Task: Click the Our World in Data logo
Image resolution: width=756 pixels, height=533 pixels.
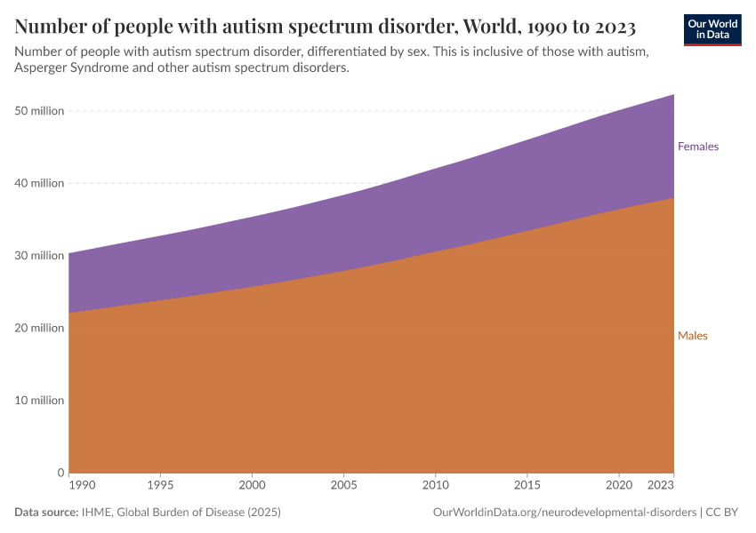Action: click(712, 28)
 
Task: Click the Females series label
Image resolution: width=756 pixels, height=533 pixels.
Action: click(697, 147)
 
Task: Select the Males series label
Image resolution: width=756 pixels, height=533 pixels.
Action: click(692, 336)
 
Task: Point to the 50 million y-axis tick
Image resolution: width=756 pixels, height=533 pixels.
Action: click(39, 111)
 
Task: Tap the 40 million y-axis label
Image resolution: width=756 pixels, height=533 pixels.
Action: click(39, 183)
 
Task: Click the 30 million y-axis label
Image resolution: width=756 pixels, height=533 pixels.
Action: click(39, 256)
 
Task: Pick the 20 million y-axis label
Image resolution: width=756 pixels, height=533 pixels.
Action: click(39, 328)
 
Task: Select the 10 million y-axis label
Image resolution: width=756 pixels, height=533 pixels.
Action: click(39, 401)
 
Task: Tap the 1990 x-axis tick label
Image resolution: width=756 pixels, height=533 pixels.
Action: click(80, 486)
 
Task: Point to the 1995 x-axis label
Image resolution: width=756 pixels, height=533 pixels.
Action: click(160, 486)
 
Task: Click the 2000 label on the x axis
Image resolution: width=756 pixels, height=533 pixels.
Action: click(252, 486)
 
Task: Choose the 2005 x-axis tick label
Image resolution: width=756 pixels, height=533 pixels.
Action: click(343, 486)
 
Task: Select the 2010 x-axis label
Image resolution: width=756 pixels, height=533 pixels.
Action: click(435, 486)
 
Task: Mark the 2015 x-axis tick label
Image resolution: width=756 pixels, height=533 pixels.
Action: click(527, 486)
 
